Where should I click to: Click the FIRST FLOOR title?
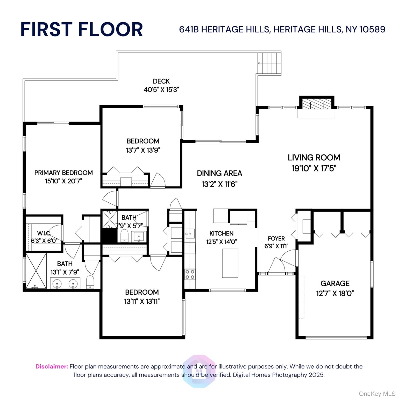(82, 29)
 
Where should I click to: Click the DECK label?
(161, 81)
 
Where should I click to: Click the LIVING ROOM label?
(314, 158)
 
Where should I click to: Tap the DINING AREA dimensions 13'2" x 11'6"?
(219, 184)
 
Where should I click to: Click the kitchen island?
(230, 263)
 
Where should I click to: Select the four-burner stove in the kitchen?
(190, 274)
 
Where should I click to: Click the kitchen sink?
(190, 234)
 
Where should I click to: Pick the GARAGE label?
(335, 283)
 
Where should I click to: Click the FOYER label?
(276, 238)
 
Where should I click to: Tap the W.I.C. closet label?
(44, 233)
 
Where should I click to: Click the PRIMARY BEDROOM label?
(63, 173)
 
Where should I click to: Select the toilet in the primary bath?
(90, 282)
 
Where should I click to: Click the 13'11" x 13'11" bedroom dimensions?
(142, 301)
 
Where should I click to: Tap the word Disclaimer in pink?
(52, 366)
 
